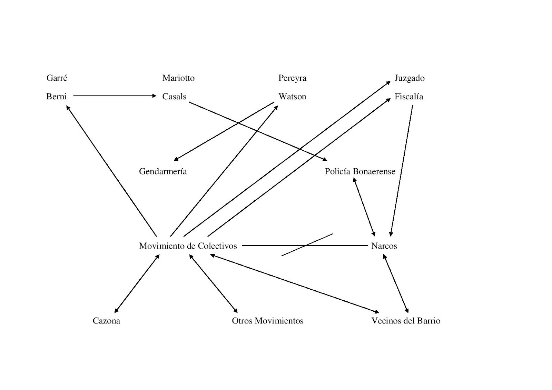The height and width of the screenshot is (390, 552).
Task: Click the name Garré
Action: point(57,78)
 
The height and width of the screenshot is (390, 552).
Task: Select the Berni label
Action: point(56,97)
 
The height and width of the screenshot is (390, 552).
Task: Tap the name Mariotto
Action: point(178,78)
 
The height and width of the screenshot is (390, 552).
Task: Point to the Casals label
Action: point(174,97)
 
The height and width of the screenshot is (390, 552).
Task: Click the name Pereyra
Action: point(292,78)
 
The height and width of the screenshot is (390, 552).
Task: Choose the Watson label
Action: point(292,97)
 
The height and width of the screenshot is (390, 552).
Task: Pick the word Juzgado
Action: point(410,78)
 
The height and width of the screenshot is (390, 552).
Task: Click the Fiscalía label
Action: point(409,97)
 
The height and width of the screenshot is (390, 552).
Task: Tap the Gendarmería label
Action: point(163,171)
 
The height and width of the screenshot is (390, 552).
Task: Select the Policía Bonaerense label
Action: point(360,171)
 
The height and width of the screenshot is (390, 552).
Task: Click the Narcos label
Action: point(384,246)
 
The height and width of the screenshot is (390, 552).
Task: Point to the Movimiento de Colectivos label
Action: point(188,246)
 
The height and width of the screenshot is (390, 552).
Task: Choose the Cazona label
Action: point(106,321)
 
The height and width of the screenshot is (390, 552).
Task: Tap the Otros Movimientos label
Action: point(267,321)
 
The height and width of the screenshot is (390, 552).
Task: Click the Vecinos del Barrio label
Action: point(406,321)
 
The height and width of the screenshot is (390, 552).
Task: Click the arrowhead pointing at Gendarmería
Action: point(176,159)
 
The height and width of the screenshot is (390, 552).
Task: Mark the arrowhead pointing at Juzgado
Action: point(388,83)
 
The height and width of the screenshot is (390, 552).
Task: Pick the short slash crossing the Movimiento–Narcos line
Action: point(307,244)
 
